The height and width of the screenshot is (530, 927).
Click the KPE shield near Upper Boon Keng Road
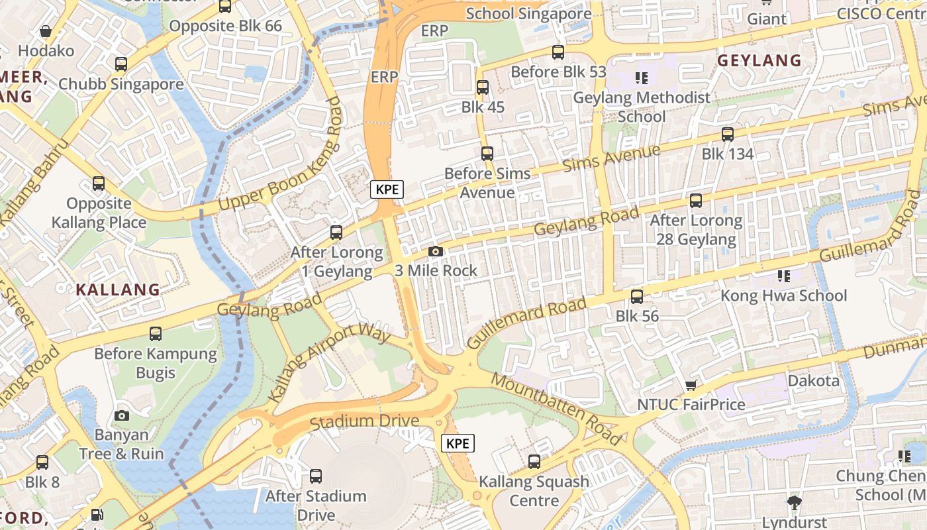tap(387, 189)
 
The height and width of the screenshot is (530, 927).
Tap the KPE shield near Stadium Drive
tap(458, 443)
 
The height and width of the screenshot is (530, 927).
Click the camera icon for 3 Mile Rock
tap(436, 251)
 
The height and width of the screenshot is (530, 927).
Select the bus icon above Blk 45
tap(483, 87)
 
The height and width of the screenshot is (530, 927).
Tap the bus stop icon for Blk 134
tap(728, 134)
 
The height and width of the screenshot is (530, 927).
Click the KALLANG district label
tap(118, 290)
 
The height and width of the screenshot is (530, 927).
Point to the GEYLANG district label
tap(759, 60)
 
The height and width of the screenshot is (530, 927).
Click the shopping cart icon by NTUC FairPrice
tap(691, 385)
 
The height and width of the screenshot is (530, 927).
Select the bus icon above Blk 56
tap(637, 296)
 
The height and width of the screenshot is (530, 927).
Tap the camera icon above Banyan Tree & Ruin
tap(122, 415)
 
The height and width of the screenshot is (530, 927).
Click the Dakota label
tap(813, 381)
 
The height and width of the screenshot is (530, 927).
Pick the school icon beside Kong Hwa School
tap(784, 276)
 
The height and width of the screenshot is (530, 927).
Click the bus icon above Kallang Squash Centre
tap(534, 462)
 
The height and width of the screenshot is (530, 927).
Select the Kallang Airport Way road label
tap(329, 362)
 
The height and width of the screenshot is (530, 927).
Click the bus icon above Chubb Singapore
tap(121, 64)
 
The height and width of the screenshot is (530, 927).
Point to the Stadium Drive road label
tap(364, 421)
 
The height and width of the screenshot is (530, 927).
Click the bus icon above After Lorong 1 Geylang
tap(336, 233)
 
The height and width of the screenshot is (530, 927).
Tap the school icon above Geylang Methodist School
tap(641, 78)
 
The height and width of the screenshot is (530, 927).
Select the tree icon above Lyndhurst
tap(795, 502)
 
